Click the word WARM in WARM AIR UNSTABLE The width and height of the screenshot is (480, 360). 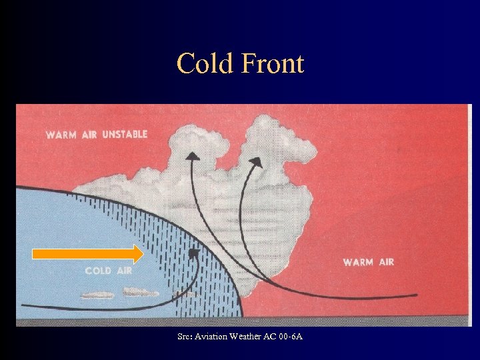(61, 135)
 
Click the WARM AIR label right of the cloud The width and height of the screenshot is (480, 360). (369, 262)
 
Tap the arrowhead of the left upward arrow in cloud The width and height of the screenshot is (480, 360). (192, 157)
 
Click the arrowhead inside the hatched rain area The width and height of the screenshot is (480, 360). (193, 253)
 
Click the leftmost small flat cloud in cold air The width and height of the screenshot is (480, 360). (97, 294)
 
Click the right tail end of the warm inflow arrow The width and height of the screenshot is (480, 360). (416, 295)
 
